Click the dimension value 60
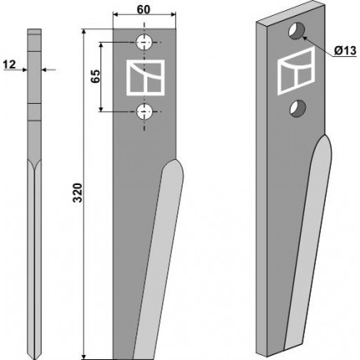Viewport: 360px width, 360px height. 144,9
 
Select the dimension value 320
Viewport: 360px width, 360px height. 78,193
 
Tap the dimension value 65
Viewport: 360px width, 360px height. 95,76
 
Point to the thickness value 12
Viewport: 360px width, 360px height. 9,65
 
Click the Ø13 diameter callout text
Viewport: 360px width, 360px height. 345,50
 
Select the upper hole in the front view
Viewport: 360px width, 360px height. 144,43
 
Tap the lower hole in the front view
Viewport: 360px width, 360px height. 144,111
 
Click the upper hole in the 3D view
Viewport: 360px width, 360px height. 296,31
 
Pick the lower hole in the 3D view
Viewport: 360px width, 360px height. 297,108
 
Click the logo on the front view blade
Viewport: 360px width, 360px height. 145,77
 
